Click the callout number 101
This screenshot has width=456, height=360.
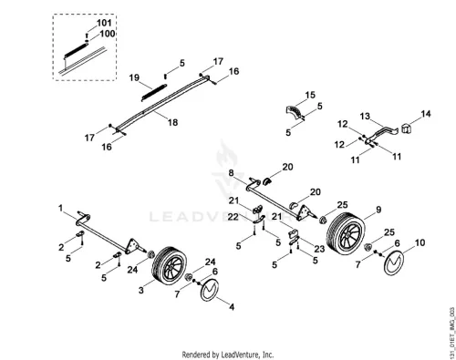coord(104,23)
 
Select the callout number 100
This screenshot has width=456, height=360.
coord(108,34)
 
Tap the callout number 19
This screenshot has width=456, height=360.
coord(134,77)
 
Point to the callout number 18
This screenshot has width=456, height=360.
coord(173,122)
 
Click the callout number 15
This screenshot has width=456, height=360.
coord(310,95)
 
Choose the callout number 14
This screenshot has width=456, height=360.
coord(426,114)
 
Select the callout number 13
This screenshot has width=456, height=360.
coord(365,116)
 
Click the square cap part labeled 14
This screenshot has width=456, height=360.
coord(407,129)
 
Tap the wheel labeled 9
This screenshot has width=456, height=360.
coord(346,233)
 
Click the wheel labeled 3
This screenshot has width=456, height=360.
coord(170,265)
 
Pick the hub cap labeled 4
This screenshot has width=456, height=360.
coord(210,289)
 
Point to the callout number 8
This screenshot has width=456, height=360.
coord(232,173)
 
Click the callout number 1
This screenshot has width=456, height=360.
coord(61,209)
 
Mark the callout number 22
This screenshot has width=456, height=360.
coord(233,217)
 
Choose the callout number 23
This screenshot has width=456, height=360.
coord(319,249)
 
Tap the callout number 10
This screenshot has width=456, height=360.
coord(420,242)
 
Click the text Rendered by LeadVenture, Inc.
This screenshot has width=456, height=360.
coord(228,355)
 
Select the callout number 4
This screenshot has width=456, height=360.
coord(232,307)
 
